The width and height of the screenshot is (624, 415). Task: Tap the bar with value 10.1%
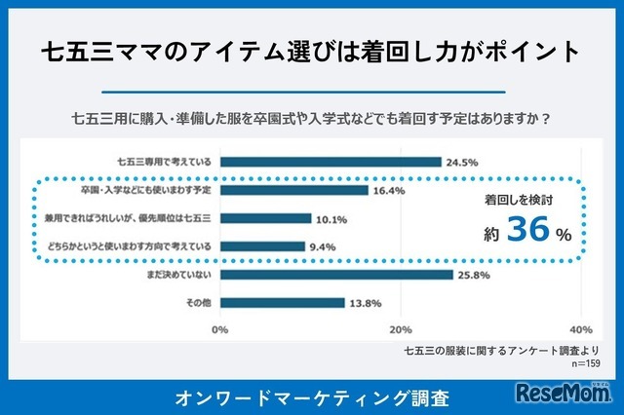click(x=265, y=218)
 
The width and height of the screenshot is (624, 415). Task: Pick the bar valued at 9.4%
click(x=262, y=246)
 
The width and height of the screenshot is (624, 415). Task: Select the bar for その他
click(x=282, y=303)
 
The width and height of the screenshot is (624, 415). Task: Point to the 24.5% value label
click(x=459, y=162)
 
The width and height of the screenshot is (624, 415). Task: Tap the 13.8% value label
click(x=363, y=303)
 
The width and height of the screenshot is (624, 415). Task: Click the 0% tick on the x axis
click(x=220, y=328)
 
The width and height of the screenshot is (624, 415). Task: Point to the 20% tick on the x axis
click(x=401, y=328)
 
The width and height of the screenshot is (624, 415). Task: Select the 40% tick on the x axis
click(x=580, y=328)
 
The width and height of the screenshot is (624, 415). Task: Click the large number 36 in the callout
click(x=530, y=232)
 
